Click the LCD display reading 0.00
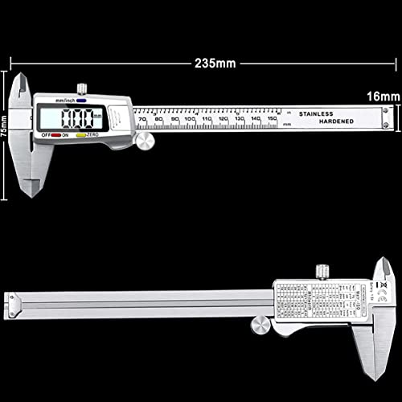(x=75, y=120)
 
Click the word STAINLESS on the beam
(x=322, y=114)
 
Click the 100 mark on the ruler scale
(x=189, y=119)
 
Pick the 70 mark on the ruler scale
(x=142, y=119)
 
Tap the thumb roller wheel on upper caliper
(x=145, y=142)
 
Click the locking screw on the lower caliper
(x=322, y=269)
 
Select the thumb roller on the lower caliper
(x=260, y=324)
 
